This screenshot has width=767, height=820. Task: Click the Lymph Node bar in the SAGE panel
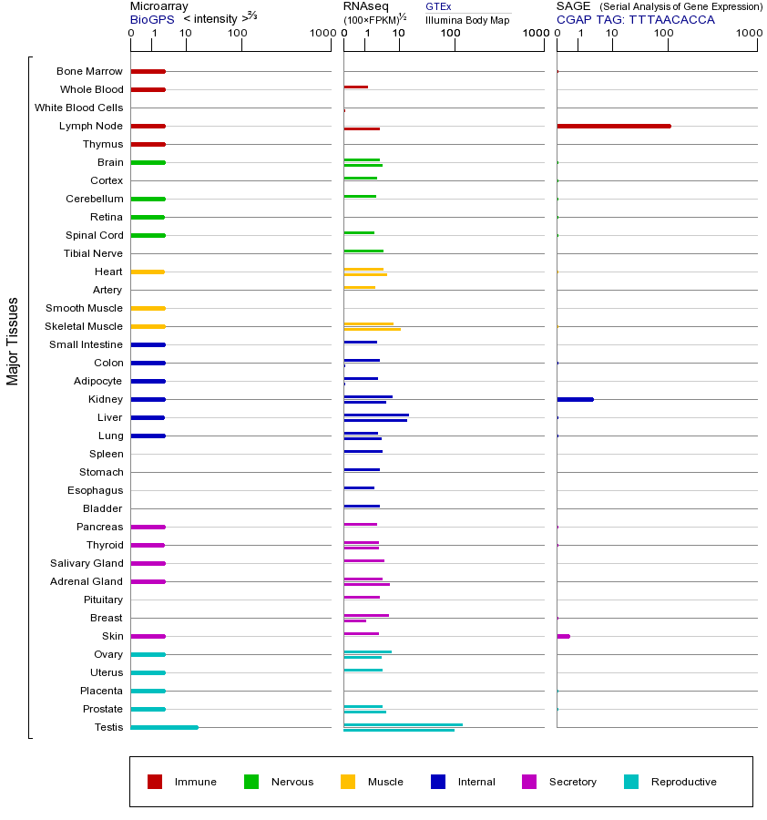(613, 126)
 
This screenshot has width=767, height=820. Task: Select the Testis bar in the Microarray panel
(164, 727)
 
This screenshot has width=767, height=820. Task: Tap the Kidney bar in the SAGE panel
(575, 399)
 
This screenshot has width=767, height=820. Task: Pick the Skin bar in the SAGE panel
(563, 636)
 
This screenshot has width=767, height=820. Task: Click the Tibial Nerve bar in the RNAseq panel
(363, 251)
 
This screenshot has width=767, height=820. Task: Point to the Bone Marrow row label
(89, 71)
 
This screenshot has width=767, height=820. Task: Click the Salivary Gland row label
(87, 563)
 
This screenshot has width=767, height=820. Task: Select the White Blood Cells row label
(78, 108)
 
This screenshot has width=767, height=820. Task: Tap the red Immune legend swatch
(155, 782)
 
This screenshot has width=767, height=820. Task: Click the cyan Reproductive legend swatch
(631, 782)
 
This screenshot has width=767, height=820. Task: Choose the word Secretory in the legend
(572, 782)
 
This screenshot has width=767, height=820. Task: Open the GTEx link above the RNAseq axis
(438, 6)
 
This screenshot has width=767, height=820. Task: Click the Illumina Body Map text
(467, 19)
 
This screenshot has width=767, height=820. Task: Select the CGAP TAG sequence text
(636, 19)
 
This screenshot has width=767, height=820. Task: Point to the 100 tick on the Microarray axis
(238, 34)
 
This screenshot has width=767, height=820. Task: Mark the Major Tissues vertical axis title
(13, 341)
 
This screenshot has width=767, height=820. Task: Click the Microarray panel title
(159, 6)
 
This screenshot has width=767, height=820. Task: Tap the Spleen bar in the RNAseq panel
(363, 451)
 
